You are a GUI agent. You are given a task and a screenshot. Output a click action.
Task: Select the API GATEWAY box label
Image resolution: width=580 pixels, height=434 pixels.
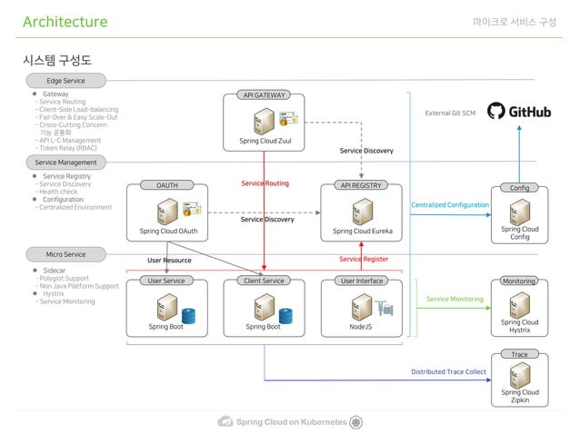pyautogui.click(x=263, y=94)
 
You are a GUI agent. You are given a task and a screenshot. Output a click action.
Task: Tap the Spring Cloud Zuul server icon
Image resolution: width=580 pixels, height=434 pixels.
pyautogui.click(x=264, y=121)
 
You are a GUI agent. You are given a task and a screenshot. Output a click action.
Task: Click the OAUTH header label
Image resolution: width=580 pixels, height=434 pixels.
pyautogui.click(x=167, y=185)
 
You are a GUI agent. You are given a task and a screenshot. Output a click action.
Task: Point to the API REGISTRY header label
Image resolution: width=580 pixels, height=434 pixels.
pyautogui.click(x=362, y=185)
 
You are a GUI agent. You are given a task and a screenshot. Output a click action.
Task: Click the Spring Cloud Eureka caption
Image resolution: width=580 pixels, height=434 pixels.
pyautogui.click(x=362, y=232)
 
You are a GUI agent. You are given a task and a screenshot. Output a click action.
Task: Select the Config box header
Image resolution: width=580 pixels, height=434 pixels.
pyautogui.click(x=519, y=189)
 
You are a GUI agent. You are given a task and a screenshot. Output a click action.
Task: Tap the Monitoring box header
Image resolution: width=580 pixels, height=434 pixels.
pyautogui.click(x=519, y=281)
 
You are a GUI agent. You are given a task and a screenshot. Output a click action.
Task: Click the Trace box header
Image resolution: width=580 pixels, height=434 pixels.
pyautogui.click(x=519, y=354)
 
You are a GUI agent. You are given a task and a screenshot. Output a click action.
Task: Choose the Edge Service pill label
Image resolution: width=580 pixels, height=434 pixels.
pyautogui.click(x=65, y=81)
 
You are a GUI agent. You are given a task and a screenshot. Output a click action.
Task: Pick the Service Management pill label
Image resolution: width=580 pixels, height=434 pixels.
pyautogui.click(x=65, y=163)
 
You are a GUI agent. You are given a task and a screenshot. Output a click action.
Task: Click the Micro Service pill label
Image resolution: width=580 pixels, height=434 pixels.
pyautogui.click(x=65, y=254)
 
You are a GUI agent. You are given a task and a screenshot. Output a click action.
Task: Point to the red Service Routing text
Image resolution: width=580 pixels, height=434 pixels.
pyautogui.click(x=265, y=183)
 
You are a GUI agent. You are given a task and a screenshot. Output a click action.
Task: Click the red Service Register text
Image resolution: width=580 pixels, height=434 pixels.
pyautogui.click(x=364, y=260)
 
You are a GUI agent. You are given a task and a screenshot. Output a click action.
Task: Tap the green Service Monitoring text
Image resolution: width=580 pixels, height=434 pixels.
pyautogui.click(x=455, y=299)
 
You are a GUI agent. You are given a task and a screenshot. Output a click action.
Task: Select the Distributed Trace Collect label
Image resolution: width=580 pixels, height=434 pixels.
pyautogui.click(x=448, y=372)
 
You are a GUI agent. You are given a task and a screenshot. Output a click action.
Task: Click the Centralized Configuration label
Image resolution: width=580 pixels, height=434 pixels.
pyautogui.click(x=450, y=205)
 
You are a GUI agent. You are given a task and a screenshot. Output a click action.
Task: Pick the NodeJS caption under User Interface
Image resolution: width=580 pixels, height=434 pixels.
pyautogui.click(x=361, y=326)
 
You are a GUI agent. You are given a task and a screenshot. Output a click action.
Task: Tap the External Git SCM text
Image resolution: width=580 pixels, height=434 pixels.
pyautogui.click(x=450, y=113)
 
